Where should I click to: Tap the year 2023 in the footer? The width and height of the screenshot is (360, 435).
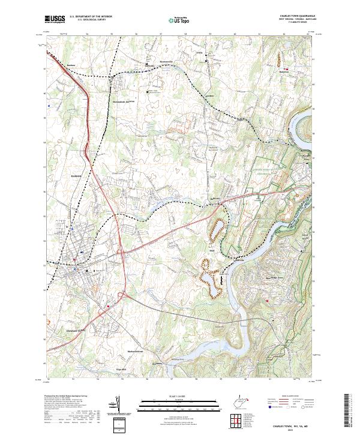298,430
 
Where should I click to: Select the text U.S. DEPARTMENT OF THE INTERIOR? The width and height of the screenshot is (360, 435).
87,17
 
